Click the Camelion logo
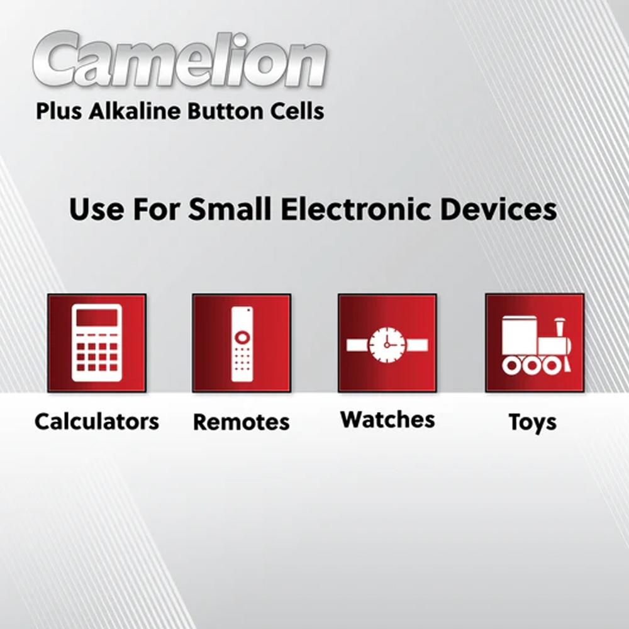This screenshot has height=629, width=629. (x=180, y=59)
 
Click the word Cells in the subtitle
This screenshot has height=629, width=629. (x=297, y=111)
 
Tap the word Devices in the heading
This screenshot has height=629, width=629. (x=499, y=209)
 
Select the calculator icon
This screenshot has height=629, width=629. (x=97, y=343)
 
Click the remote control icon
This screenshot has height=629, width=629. (x=242, y=343)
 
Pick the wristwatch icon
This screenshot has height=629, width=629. (x=387, y=345)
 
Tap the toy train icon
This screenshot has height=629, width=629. (x=537, y=345)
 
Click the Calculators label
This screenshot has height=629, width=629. (x=97, y=421)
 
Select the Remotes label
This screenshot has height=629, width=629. (x=242, y=422)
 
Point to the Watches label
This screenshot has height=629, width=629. (x=387, y=420)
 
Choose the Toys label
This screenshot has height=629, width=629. (x=533, y=423)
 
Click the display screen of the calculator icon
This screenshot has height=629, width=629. (x=97, y=318)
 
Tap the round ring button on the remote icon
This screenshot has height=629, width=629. (x=242, y=337)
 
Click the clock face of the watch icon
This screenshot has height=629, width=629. (x=387, y=345)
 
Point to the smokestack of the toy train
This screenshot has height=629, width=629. (x=560, y=328)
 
